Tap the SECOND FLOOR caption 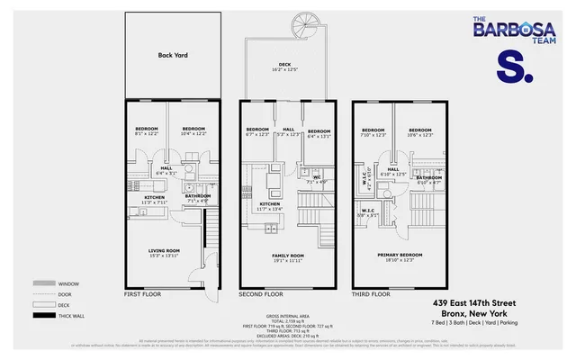(x=260, y=294)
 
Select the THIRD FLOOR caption (x=371, y=294)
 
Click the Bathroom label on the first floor (x=198, y=196)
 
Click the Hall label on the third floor (x=393, y=168)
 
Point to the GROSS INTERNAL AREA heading (x=287, y=316)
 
